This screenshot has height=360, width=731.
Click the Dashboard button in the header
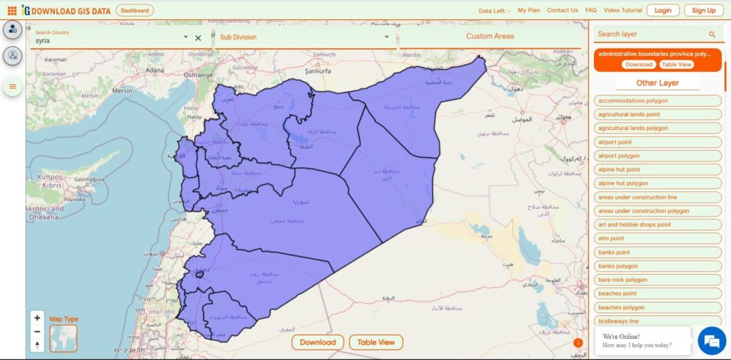coord(134,10)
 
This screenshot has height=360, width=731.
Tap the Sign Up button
coord(704,10)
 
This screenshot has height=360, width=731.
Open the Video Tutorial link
coord(623,10)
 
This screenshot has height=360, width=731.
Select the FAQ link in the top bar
coord(591,10)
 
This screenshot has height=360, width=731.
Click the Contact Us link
coord(562,10)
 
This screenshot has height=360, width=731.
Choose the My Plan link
coord(529,10)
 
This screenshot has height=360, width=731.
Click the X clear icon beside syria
coord(198,38)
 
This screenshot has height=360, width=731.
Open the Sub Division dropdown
coord(305,37)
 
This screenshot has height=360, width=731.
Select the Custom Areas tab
coord(490,37)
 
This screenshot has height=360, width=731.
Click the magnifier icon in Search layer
coord(712,35)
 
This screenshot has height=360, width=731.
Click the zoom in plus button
coord(38,318)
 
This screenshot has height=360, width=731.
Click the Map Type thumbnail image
coord(63,338)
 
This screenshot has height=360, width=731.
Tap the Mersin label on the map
coord(122,90)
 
